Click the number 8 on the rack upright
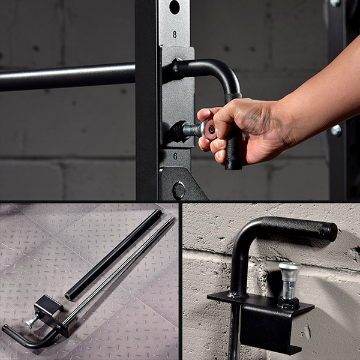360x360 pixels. pos(175,34)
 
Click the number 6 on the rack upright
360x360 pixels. pos(175,157)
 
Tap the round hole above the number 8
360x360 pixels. pos(175,7)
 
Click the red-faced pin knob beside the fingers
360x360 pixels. pos(209,130)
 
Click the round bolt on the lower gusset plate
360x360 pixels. pos(179,190)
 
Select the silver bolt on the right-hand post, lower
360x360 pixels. pos(336,130)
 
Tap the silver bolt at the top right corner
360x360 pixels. pos(335,2)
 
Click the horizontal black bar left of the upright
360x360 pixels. pos(67,77)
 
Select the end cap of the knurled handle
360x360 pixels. pos(331,233)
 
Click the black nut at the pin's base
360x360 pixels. pos(289,303)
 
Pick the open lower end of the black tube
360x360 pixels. pos(68,296)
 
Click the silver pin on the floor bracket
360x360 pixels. pos(32,321)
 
